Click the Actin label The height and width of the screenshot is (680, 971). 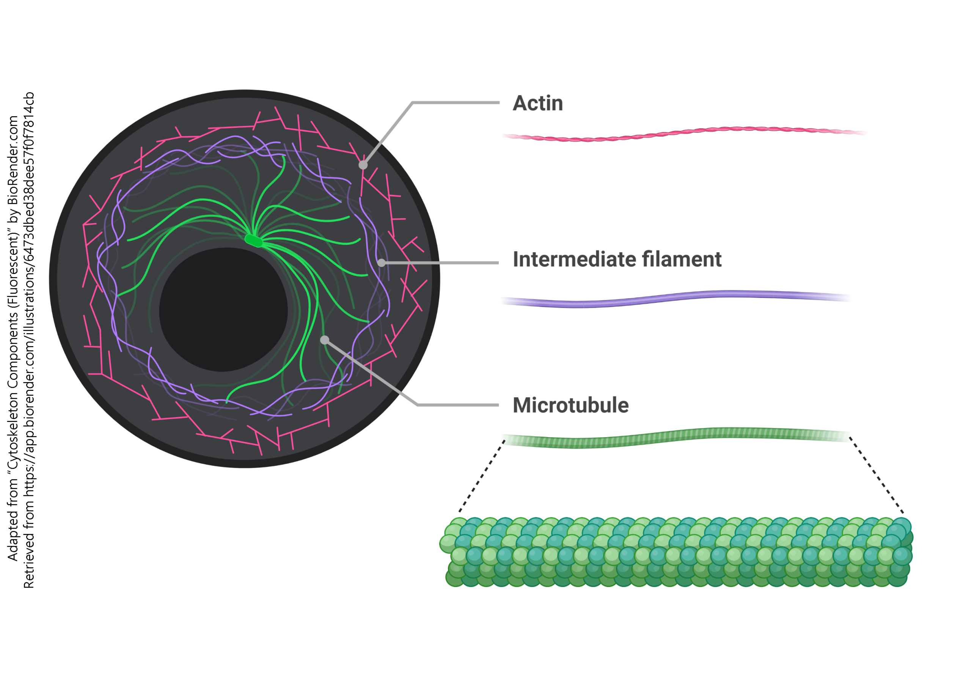(537, 103)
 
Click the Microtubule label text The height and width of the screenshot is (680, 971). (570, 405)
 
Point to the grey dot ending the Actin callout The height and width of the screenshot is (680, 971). (363, 165)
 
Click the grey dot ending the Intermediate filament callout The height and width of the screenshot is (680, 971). (381, 263)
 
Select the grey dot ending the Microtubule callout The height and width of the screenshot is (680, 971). (324, 340)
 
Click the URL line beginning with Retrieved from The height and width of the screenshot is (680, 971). (29, 338)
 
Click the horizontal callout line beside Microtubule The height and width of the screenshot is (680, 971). (459, 405)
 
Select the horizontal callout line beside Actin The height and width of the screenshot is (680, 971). (457, 102)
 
